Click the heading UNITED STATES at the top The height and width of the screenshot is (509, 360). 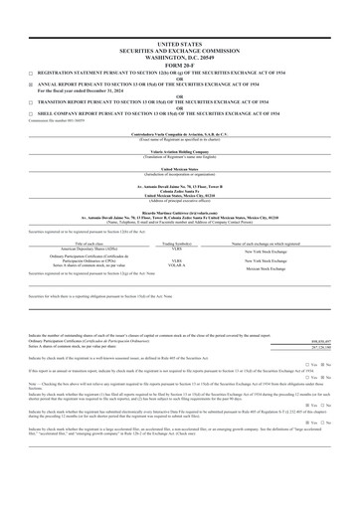180,46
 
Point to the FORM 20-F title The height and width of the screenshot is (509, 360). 180,65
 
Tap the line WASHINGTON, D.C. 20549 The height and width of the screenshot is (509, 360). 180,59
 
